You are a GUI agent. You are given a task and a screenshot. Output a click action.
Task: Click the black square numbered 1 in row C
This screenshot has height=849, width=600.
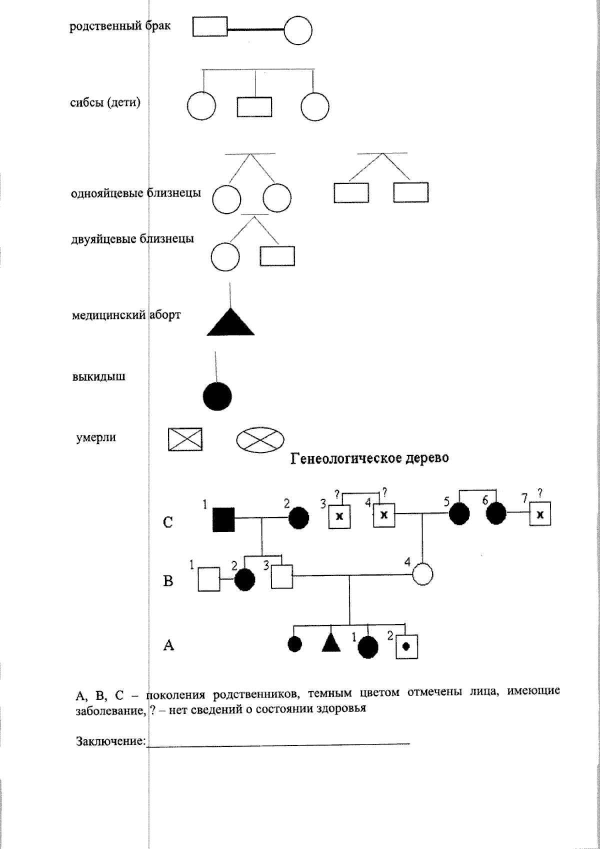(223, 519)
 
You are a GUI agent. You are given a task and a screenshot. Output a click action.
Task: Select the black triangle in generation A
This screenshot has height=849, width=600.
(330, 642)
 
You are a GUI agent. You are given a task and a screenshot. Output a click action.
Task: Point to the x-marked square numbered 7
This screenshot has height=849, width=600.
(540, 515)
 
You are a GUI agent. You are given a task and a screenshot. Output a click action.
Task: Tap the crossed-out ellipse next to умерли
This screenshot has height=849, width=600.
(259, 439)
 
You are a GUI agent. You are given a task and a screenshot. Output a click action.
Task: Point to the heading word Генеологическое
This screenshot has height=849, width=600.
(340, 458)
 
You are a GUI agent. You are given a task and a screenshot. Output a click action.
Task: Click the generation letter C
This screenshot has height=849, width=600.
(168, 523)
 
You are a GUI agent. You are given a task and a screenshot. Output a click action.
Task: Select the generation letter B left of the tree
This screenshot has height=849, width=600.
(168, 581)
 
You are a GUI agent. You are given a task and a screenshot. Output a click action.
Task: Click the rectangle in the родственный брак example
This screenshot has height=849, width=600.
(210, 27)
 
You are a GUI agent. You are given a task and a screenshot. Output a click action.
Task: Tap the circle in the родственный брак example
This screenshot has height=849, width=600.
(298, 31)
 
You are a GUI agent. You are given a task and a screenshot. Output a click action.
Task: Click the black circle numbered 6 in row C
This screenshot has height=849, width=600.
(496, 513)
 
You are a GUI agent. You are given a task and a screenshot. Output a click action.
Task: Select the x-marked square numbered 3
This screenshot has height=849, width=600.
(339, 516)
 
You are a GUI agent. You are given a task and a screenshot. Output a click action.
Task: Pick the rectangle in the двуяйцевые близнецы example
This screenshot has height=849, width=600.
(277, 256)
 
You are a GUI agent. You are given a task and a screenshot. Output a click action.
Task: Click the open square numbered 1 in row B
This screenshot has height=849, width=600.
(209, 579)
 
